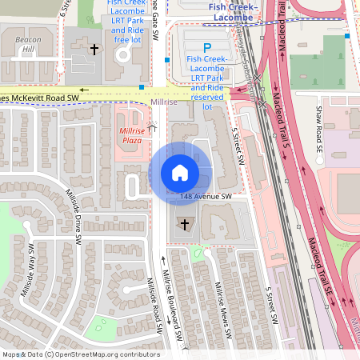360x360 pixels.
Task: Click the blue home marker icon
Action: (x=180, y=172)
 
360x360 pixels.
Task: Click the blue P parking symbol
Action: (x=207, y=48)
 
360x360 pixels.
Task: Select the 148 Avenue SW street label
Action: (x=206, y=196)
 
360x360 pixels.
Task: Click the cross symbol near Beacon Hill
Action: (x=94, y=50)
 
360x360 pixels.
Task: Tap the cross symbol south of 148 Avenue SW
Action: (x=186, y=223)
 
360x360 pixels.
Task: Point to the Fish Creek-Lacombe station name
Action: (x=230, y=11)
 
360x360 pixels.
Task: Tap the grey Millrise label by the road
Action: (x=164, y=102)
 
